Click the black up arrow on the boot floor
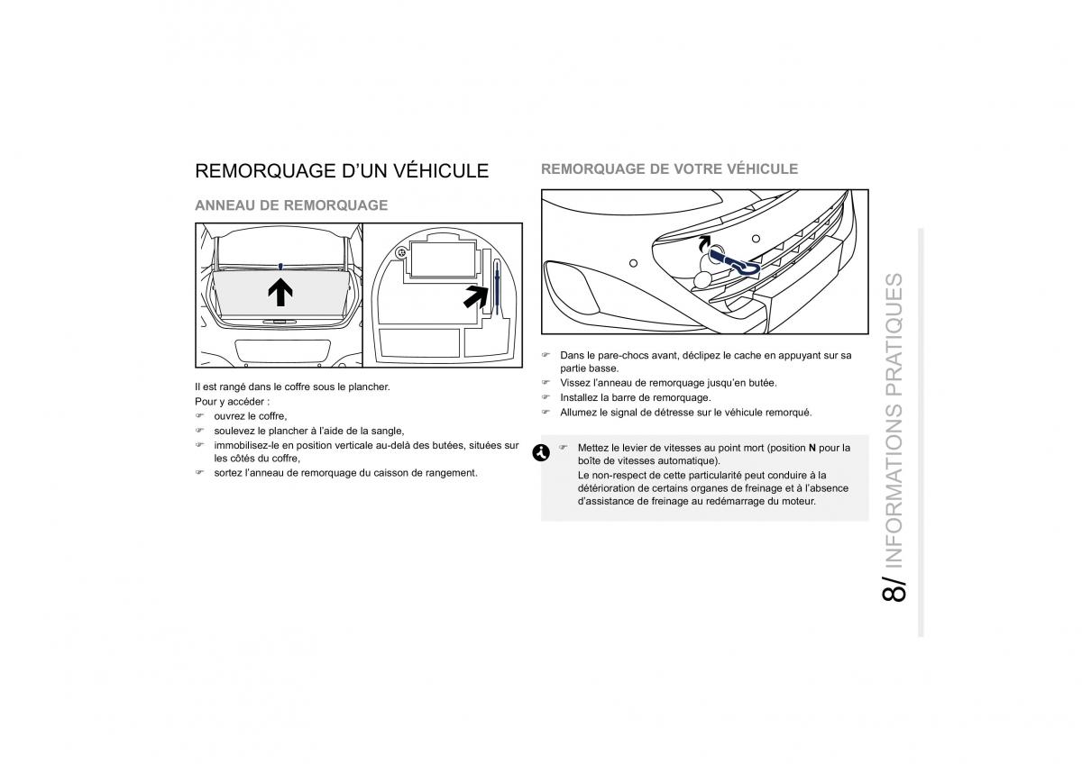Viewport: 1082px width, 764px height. [x=280, y=290]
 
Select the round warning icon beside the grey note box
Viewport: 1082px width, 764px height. [x=541, y=453]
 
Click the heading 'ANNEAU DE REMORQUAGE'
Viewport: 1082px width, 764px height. [x=291, y=205]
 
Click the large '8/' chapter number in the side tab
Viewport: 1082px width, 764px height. [x=894, y=587]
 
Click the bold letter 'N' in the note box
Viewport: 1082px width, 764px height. [x=811, y=448]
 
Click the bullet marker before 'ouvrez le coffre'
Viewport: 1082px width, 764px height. [x=200, y=416]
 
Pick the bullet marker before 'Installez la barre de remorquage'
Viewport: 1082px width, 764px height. [x=546, y=397]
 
